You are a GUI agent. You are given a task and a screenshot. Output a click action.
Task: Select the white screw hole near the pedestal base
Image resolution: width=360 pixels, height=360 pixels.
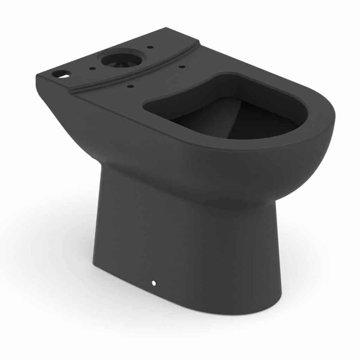click(x=154, y=283)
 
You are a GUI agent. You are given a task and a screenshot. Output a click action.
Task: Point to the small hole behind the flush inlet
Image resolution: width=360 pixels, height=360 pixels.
click(x=149, y=47)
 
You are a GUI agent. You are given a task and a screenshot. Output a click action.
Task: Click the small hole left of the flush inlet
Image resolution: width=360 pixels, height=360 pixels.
click(x=93, y=66)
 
